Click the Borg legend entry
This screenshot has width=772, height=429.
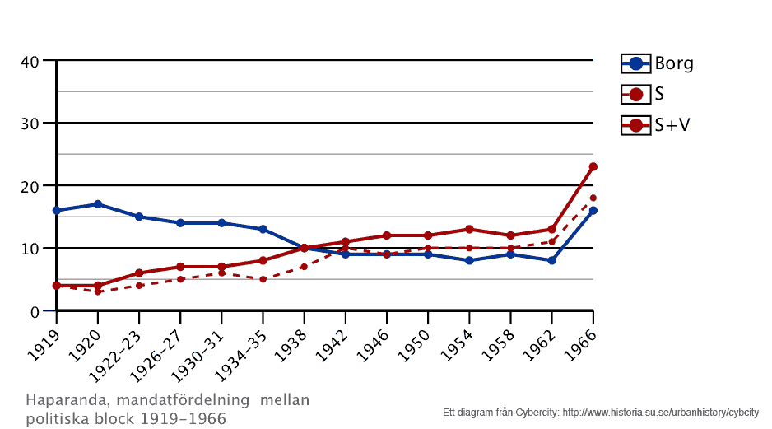click(x=658, y=63)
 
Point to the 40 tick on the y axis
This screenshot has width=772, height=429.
click(x=30, y=61)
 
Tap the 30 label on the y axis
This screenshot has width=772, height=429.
click(x=30, y=124)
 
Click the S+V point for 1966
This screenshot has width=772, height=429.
click(x=593, y=167)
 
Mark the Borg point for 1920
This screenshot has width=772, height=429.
click(x=98, y=204)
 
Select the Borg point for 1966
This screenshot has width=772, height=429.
click(x=593, y=211)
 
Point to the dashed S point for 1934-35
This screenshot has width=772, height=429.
click(x=263, y=279)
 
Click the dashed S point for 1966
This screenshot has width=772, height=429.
click(x=593, y=198)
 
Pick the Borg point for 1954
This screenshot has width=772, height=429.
click(x=469, y=260)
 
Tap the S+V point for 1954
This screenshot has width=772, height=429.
click(x=469, y=229)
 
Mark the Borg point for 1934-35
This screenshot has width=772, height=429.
click(x=263, y=229)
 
